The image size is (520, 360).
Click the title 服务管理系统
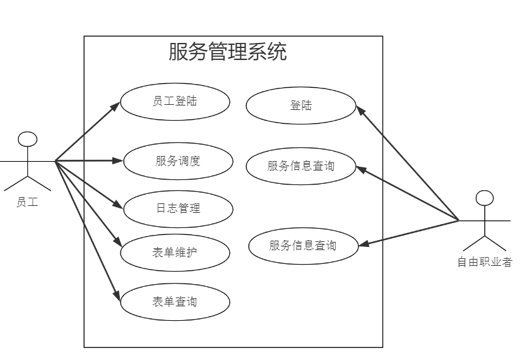click(x=227, y=52)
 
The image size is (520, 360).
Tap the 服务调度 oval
click(x=178, y=160)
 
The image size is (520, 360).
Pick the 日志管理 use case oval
click(x=178, y=208)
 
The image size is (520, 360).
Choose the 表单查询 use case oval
click(x=175, y=301)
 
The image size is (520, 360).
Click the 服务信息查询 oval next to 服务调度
click(x=301, y=166)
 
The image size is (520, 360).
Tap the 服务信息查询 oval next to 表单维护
click(x=302, y=246)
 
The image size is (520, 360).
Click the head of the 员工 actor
click(x=26, y=140)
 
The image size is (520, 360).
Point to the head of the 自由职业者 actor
click(x=484, y=198)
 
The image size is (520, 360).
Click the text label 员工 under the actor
click(x=27, y=202)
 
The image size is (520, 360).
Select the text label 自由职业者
click(x=485, y=262)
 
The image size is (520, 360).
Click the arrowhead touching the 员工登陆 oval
click(x=115, y=105)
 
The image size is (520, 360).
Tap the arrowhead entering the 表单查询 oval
click(x=117, y=294)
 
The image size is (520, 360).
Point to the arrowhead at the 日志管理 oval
click(x=118, y=205)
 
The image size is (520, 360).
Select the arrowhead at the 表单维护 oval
click(x=117, y=243)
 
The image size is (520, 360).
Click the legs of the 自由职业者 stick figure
click(x=484, y=243)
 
